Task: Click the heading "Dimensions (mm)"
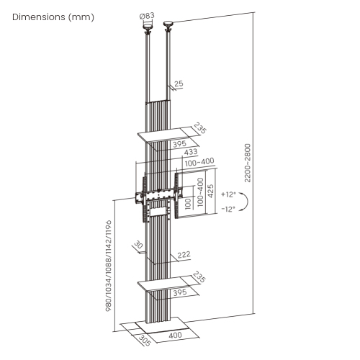53,17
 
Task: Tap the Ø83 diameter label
147,16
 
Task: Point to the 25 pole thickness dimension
179,84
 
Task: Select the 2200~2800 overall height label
248,163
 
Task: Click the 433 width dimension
191,152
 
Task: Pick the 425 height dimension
210,191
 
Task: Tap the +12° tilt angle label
229,194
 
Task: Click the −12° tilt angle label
228,209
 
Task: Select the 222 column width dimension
184,254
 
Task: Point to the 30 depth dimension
138,245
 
